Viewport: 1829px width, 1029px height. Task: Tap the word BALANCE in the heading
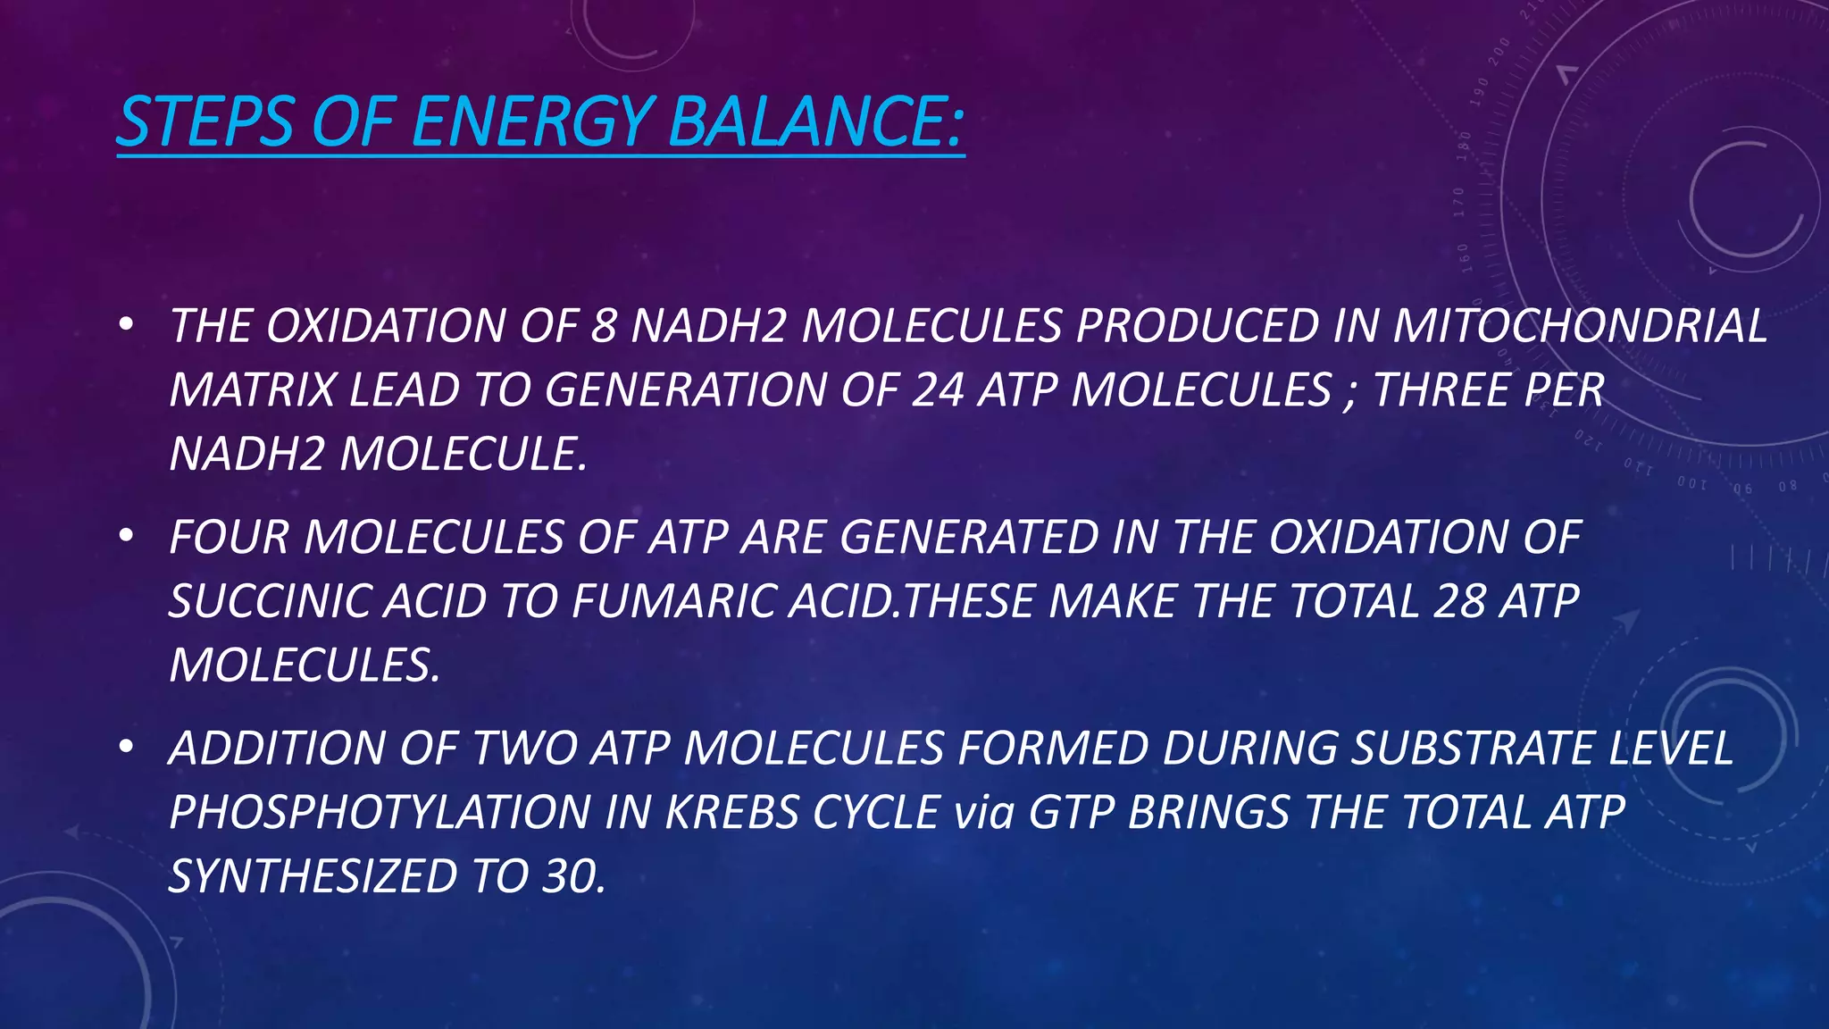(814, 121)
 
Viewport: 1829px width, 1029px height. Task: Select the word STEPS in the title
(205, 121)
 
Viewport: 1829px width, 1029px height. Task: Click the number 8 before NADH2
(604, 326)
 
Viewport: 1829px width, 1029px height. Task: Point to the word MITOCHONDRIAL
(1580, 326)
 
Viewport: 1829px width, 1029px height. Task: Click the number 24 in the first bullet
(938, 390)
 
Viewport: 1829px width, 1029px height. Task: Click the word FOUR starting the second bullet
(230, 538)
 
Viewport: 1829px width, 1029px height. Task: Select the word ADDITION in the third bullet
(278, 749)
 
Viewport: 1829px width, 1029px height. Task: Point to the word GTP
(1072, 813)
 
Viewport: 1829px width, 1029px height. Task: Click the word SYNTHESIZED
(313, 876)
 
